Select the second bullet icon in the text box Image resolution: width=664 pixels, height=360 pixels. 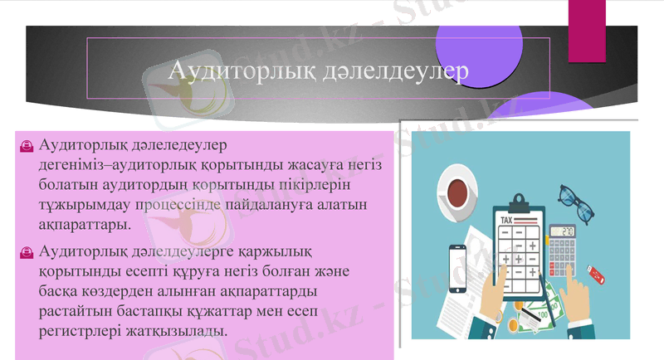click(x=27, y=252)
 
